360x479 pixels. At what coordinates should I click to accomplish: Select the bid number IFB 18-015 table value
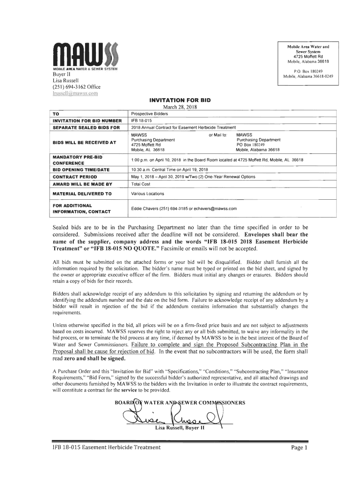pyautogui.click(x=141, y=120)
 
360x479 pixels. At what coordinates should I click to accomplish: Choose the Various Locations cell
pyautogui.click(x=147, y=194)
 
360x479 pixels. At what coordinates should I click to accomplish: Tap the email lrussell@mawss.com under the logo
pyautogui.click(x=77, y=93)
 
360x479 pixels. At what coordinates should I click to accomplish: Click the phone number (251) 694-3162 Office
pyautogui.click(x=76, y=87)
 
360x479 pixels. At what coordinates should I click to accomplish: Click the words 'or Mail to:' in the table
pyautogui.click(x=217, y=134)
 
